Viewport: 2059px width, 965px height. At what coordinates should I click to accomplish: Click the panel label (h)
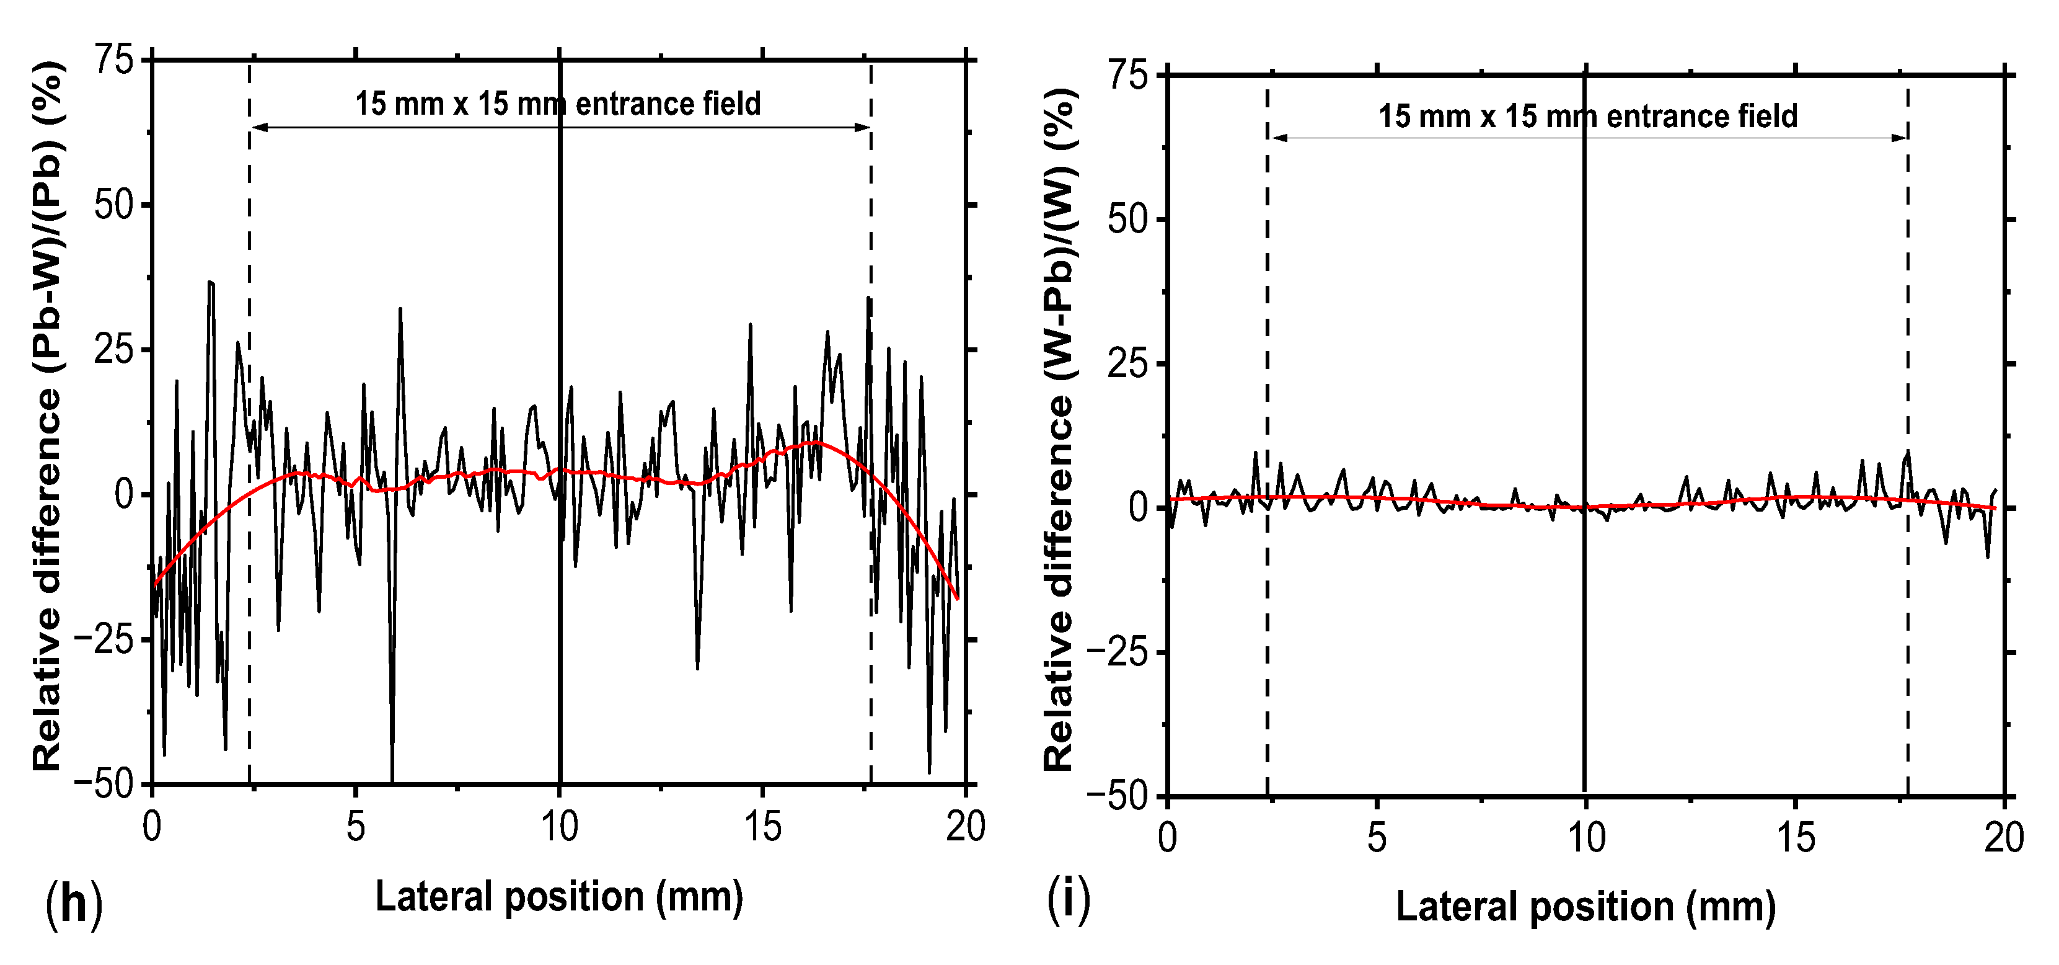click(x=74, y=904)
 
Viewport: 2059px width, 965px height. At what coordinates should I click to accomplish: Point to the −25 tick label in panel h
click(x=104, y=639)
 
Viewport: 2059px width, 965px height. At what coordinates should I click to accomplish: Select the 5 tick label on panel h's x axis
click(x=356, y=827)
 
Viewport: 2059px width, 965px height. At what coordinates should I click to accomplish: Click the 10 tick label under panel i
click(x=1585, y=838)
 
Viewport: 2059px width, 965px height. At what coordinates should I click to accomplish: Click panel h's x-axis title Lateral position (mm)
click(x=558, y=896)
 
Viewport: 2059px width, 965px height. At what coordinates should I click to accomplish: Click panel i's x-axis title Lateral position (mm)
click(x=1585, y=907)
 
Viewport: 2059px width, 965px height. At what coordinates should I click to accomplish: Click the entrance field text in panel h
click(x=558, y=104)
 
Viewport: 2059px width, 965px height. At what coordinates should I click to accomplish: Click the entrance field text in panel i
click(x=1587, y=117)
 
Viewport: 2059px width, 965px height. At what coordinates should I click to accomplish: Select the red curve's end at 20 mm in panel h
click(x=957, y=598)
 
